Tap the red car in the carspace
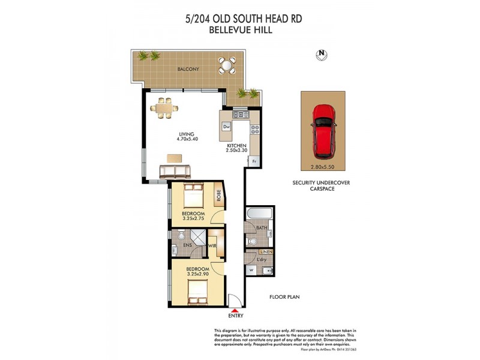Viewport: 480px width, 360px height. [324, 129]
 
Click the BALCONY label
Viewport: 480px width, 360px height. [188, 70]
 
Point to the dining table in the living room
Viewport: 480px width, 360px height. [164, 109]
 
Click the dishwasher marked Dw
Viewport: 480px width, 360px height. [227, 127]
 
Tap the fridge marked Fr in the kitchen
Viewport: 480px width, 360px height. [254, 161]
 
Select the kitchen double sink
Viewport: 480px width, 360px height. [241, 114]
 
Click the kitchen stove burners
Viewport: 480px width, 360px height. [254, 128]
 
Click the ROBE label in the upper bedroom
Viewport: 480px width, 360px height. [218, 196]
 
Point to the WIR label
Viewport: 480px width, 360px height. [212, 245]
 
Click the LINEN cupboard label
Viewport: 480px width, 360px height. [266, 251]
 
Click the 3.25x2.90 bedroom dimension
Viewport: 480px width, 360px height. [197, 274]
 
